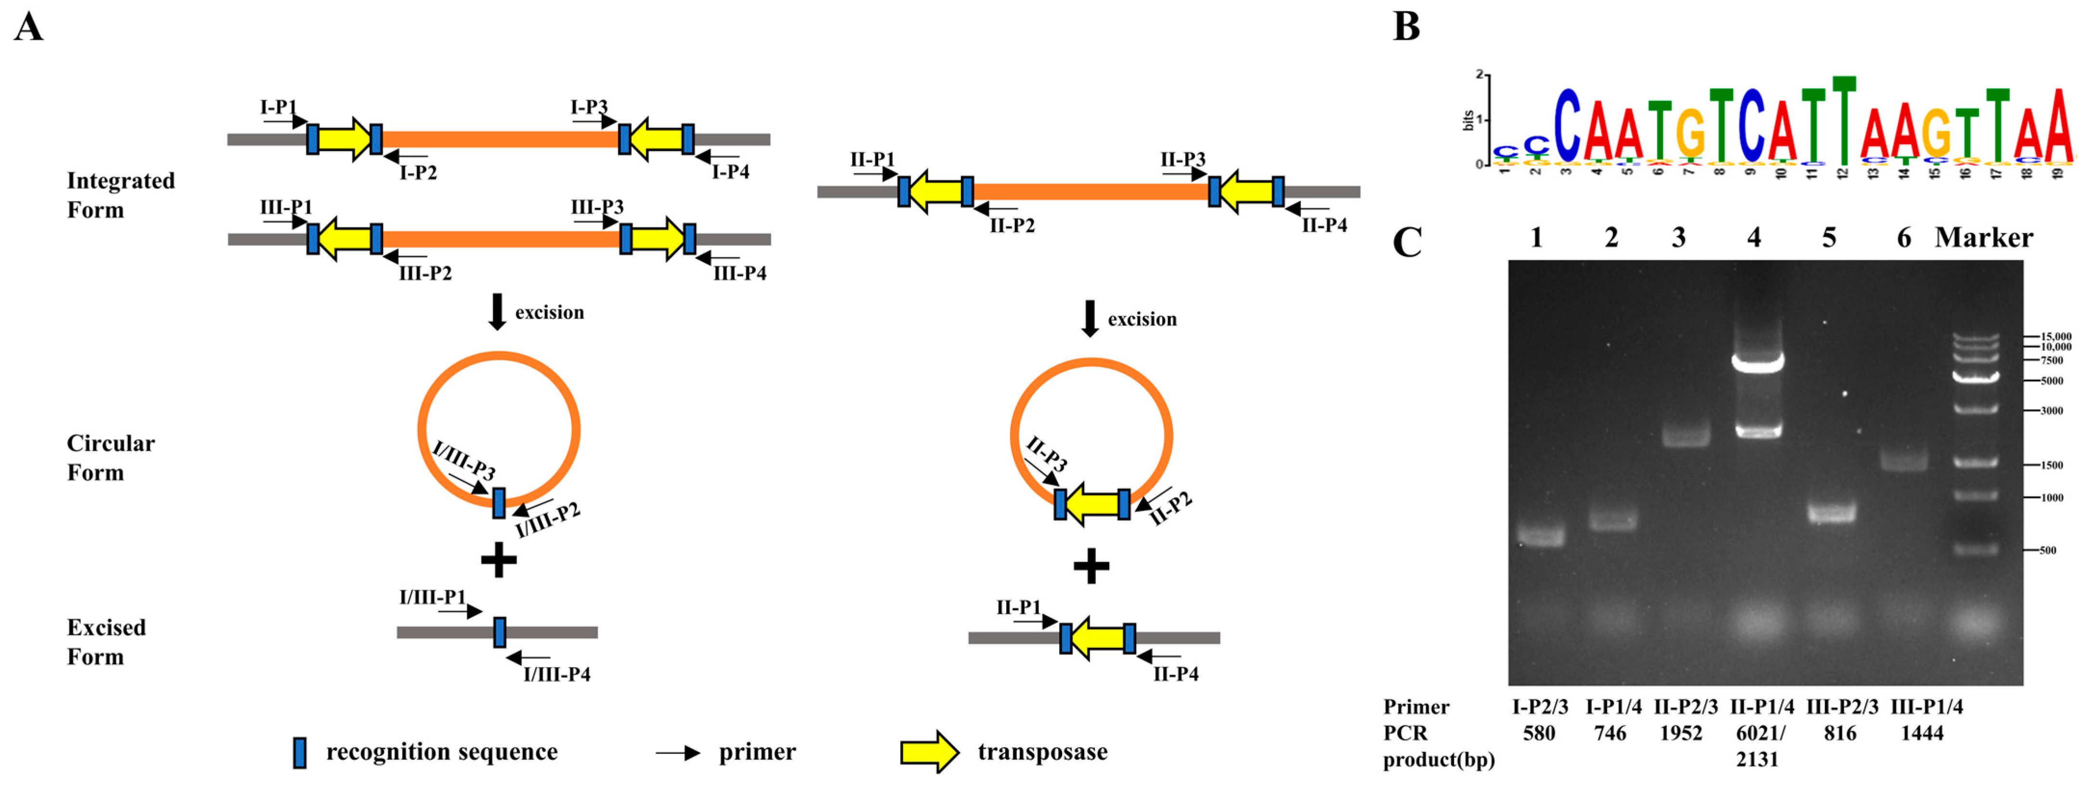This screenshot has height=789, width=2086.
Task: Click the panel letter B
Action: [1407, 26]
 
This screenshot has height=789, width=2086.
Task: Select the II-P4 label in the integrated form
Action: [1324, 225]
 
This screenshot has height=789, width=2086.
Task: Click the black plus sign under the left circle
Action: [499, 560]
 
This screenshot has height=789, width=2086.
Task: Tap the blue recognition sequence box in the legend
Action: [299, 752]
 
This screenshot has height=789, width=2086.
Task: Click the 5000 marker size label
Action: [2051, 381]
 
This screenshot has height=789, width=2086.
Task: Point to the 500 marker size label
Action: [2047, 550]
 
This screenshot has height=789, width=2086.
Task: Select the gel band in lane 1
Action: [1540, 536]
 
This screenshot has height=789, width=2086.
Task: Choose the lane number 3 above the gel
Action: [1679, 237]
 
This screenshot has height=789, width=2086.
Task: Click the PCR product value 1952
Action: [1681, 733]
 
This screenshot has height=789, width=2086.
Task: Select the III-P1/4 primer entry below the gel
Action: [1927, 706]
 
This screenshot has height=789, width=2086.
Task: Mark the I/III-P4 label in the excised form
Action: [557, 674]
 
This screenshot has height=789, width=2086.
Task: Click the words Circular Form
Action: [110, 458]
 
